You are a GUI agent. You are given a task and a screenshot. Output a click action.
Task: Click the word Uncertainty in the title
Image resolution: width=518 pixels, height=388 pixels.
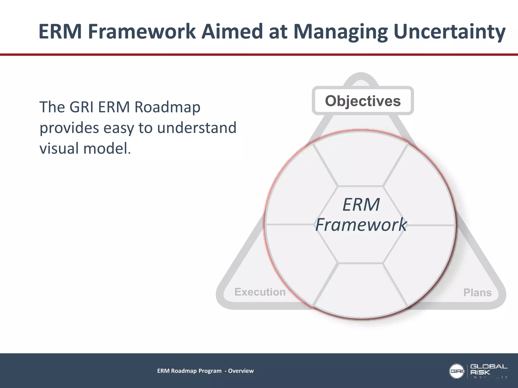pos(449,32)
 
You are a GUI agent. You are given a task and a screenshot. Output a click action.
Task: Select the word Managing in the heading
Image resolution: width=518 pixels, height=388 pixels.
pos(340,32)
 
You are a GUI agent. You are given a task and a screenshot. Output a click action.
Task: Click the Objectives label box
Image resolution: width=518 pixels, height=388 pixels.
pos(363,101)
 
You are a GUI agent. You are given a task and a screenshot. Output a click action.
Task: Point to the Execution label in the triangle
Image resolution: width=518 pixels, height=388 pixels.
pos(260,292)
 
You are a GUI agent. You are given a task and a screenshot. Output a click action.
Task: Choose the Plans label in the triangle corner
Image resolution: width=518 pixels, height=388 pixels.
pos(477,293)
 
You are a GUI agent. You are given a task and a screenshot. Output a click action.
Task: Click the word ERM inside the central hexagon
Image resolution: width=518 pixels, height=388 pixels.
pos(361,205)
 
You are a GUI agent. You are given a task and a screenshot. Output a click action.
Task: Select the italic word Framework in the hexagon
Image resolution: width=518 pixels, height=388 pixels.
pos(361,225)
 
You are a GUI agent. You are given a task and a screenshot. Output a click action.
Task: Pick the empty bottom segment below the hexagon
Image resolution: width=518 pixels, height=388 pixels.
pos(361,290)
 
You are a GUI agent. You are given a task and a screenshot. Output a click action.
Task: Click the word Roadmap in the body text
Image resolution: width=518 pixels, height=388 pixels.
pos(167,107)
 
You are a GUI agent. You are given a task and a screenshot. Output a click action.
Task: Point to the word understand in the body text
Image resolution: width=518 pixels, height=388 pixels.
pos(197,128)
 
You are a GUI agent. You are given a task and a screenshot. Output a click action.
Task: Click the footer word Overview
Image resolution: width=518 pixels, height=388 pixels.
pos(241,371)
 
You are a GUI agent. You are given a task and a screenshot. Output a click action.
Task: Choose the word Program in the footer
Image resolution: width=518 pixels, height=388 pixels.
pos(210,371)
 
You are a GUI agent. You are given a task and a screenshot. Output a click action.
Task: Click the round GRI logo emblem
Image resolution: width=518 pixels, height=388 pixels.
pos(457,371)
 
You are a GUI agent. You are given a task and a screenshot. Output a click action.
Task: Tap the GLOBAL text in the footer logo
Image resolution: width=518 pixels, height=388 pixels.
pos(489,367)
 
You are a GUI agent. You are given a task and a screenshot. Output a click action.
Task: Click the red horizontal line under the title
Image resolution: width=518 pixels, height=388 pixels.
pos(259,55)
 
